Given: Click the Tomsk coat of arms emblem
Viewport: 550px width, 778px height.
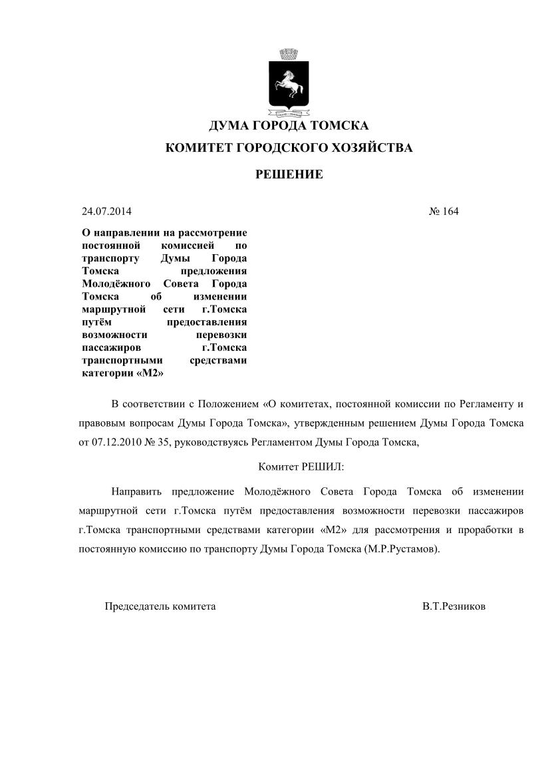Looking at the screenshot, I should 288,83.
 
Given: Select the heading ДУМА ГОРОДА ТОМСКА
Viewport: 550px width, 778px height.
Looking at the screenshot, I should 289,126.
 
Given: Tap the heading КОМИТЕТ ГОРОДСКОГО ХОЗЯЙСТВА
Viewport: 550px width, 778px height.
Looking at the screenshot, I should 289,148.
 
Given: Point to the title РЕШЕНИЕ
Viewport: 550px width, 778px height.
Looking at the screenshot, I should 289,174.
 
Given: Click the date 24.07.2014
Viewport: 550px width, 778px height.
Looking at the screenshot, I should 106,212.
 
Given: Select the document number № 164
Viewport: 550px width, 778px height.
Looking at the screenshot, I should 444,212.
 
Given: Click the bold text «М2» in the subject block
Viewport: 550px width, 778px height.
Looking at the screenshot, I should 150,373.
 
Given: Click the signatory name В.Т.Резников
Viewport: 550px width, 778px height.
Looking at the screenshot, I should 454,606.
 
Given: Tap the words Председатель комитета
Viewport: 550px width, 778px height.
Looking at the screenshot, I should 160,606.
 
